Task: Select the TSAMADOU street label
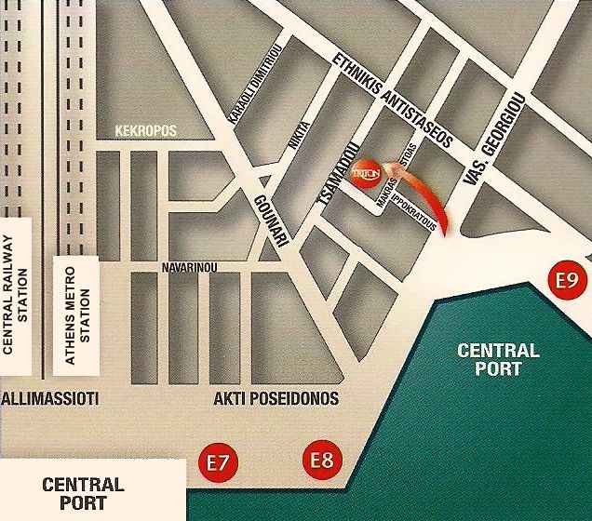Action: click(x=339, y=175)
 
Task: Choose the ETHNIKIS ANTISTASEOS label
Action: click(x=392, y=101)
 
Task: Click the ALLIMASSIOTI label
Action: click(x=50, y=399)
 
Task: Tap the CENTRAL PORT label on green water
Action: click(x=498, y=359)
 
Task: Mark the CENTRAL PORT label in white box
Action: click(x=83, y=492)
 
